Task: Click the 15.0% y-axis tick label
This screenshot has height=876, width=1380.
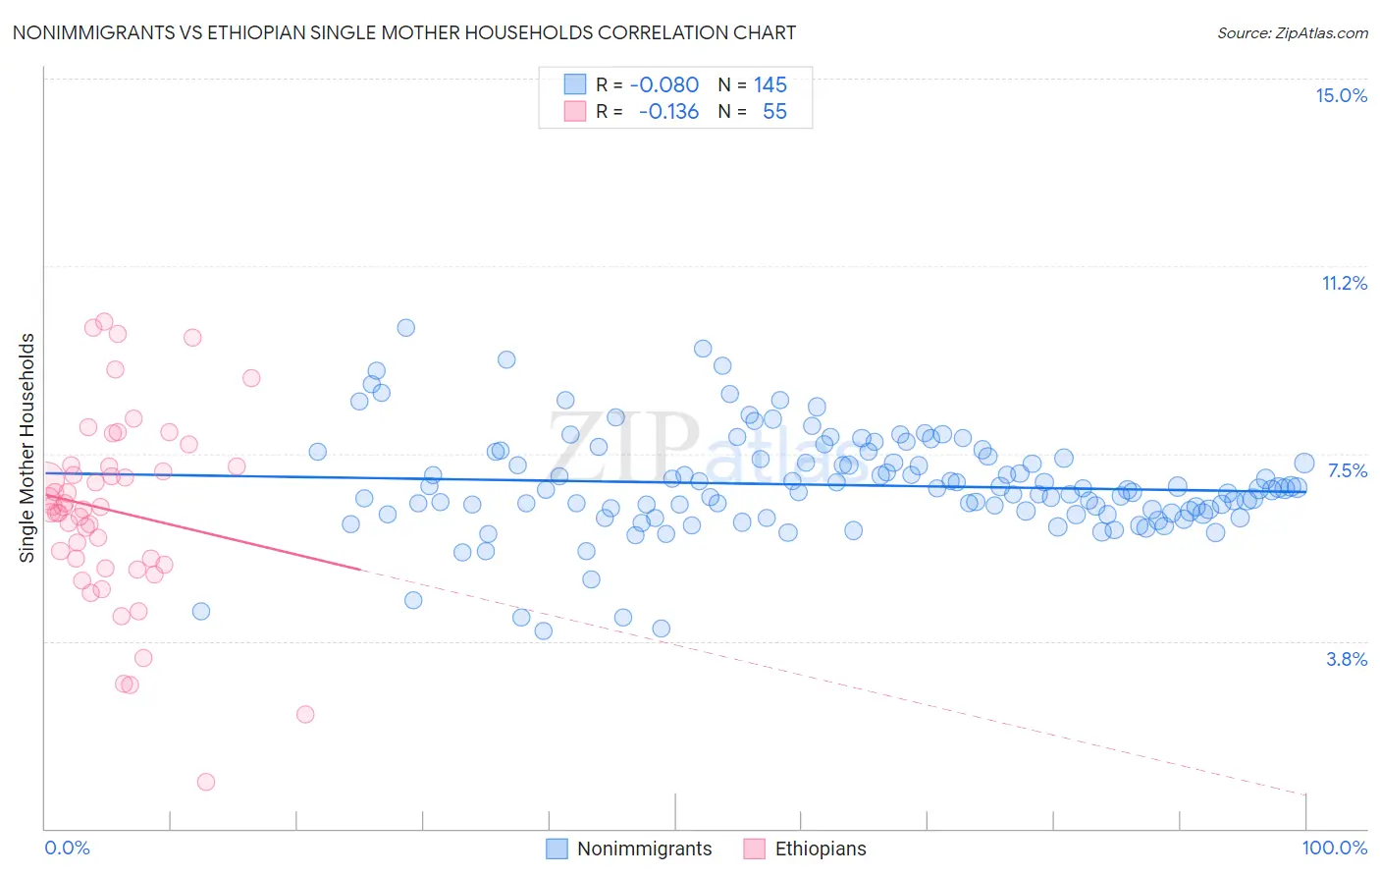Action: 1341,95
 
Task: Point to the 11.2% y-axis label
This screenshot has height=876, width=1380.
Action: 1344,283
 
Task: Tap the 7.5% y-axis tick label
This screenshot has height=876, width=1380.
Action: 1347,470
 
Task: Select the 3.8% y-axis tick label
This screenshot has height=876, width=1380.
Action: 1347,659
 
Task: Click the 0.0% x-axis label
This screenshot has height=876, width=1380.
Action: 67,848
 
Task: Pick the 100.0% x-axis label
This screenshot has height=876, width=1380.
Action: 1334,848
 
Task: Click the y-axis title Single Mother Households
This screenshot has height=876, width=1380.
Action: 27,448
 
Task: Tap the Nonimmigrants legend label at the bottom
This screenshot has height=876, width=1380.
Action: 644,849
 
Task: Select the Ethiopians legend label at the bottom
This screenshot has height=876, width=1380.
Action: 821,849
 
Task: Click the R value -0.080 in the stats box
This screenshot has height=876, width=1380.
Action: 663,84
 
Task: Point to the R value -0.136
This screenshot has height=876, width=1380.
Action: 667,111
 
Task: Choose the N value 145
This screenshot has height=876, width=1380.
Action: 770,84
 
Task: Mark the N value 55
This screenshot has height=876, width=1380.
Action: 774,111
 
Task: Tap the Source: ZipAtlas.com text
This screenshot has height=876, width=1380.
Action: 1292,32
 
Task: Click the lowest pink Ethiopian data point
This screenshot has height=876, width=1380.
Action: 206,782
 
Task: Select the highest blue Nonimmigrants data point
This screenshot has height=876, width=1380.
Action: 405,328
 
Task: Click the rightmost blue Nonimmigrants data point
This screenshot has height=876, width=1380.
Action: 1304,464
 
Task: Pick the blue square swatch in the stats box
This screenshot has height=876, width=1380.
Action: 575,84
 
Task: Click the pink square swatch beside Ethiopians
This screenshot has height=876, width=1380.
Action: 754,849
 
